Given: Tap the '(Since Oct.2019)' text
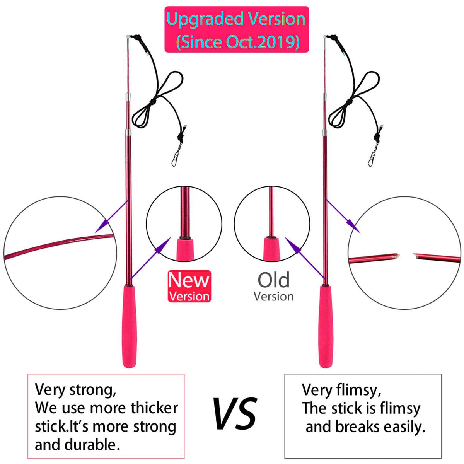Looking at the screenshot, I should point(237,41).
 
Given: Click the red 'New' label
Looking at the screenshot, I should point(189,280).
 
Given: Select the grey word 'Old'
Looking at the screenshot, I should point(274,280).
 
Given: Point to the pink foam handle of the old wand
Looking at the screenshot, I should point(326,327).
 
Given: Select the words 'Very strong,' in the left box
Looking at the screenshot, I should point(75,389).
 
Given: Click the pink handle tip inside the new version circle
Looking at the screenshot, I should point(184,249).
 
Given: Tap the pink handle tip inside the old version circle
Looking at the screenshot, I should point(272,249).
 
